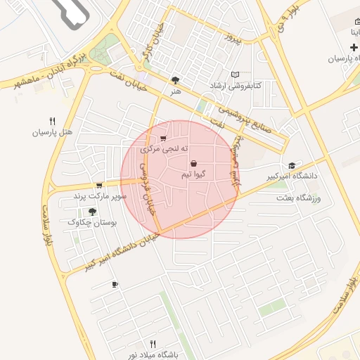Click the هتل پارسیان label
pyautogui.click(x=52, y=132)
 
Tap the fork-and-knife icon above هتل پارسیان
pyautogui.click(x=52, y=120)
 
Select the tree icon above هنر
pyautogui.click(x=174, y=80)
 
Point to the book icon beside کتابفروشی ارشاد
pyautogui.click(x=235, y=75)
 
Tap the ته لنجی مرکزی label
pyautogui.click(x=165, y=149)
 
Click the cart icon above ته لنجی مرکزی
pyautogui.click(x=164, y=139)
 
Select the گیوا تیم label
pyautogui.click(x=193, y=173)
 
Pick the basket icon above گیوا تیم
pyautogui.click(x=193, y=163)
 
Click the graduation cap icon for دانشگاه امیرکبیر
pyautogui.click(x=292, y=165)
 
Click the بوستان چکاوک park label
pyautogui.click(x=92, y=222)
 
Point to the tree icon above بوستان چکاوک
pyautogui.click(x=92, y=211)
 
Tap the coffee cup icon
pyautogui.click(x=115, y=284)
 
